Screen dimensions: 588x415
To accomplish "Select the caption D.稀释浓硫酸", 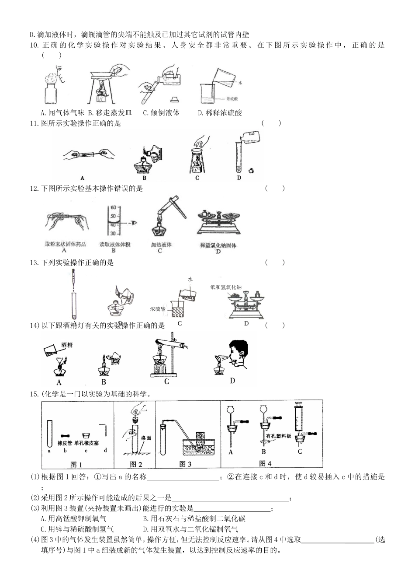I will coord(220,113).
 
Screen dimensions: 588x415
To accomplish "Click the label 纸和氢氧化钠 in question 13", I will coord(226,287).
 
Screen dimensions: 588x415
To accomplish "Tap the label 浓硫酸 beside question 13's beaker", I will coord(158,308).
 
